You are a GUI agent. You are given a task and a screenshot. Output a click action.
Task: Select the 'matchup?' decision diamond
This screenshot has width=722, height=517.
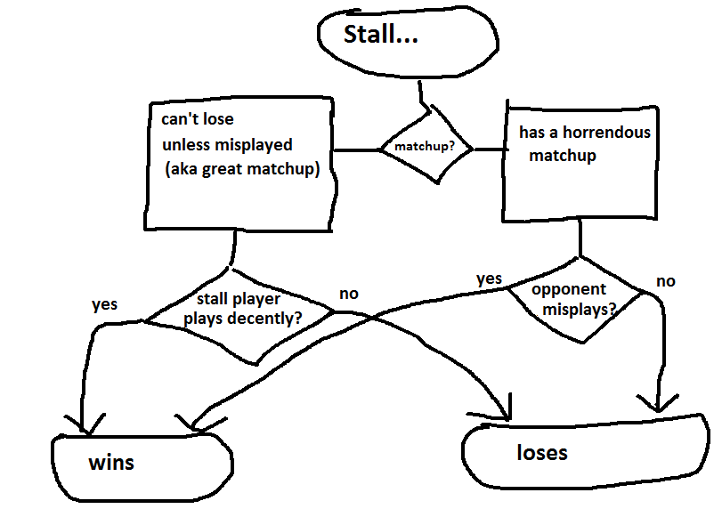pyautogui.click(x=425, y=147)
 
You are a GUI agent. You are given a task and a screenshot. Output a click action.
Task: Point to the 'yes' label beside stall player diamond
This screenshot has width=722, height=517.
pyautogui.click(x=104, y=305)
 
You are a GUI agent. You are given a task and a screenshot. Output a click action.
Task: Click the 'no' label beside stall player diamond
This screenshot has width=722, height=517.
pyautogui.click(x=349, y=294)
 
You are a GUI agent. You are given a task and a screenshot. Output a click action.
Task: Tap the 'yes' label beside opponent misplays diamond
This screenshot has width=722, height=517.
pyautogui.click(x=489, y=279)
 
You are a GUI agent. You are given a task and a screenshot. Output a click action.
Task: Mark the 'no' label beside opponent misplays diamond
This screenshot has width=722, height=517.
pyautogui.click(x=665, y=281)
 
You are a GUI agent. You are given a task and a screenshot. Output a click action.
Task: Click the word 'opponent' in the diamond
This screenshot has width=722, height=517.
pyautogui.click(x=568, y=289)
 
